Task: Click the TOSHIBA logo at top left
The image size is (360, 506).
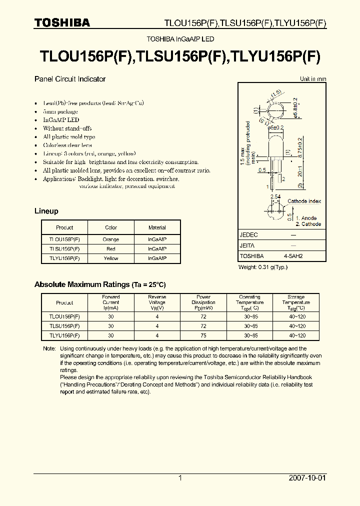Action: [62, 22]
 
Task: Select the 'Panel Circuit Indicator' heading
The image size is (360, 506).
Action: [69, 79]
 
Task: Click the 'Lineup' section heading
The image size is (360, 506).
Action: [46, 211]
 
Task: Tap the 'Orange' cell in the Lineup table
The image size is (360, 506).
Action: [111, 239]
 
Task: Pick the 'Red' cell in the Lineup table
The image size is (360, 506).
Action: [111, 248]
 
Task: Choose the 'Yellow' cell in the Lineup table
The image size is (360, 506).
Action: [111, 258]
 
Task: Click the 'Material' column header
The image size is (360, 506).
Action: [157, 227]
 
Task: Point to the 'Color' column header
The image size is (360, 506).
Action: [111, 227]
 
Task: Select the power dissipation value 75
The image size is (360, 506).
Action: [203, 335]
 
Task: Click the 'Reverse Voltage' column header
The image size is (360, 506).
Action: [157, 302]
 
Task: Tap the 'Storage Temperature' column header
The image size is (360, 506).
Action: [296, 302]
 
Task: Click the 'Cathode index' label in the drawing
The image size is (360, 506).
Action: [304, 201]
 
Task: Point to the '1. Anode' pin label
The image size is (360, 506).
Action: [306, 218]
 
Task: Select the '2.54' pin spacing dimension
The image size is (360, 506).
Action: [275, 197]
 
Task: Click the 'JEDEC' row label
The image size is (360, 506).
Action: [249, 234]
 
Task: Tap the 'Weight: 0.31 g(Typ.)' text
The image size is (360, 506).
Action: [263, 267]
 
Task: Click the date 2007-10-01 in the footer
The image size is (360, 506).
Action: [307, 478]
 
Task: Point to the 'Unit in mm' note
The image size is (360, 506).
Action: [313, 79]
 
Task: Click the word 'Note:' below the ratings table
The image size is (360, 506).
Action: [49, 348]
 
